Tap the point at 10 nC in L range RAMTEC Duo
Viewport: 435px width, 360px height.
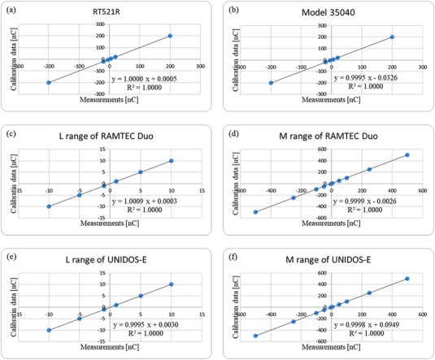point(172,161)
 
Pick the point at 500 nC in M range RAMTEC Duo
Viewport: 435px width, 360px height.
point(407,155)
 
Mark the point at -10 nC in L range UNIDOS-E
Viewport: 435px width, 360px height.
point(49,330)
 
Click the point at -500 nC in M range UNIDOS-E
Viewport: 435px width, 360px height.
point(255,336)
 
